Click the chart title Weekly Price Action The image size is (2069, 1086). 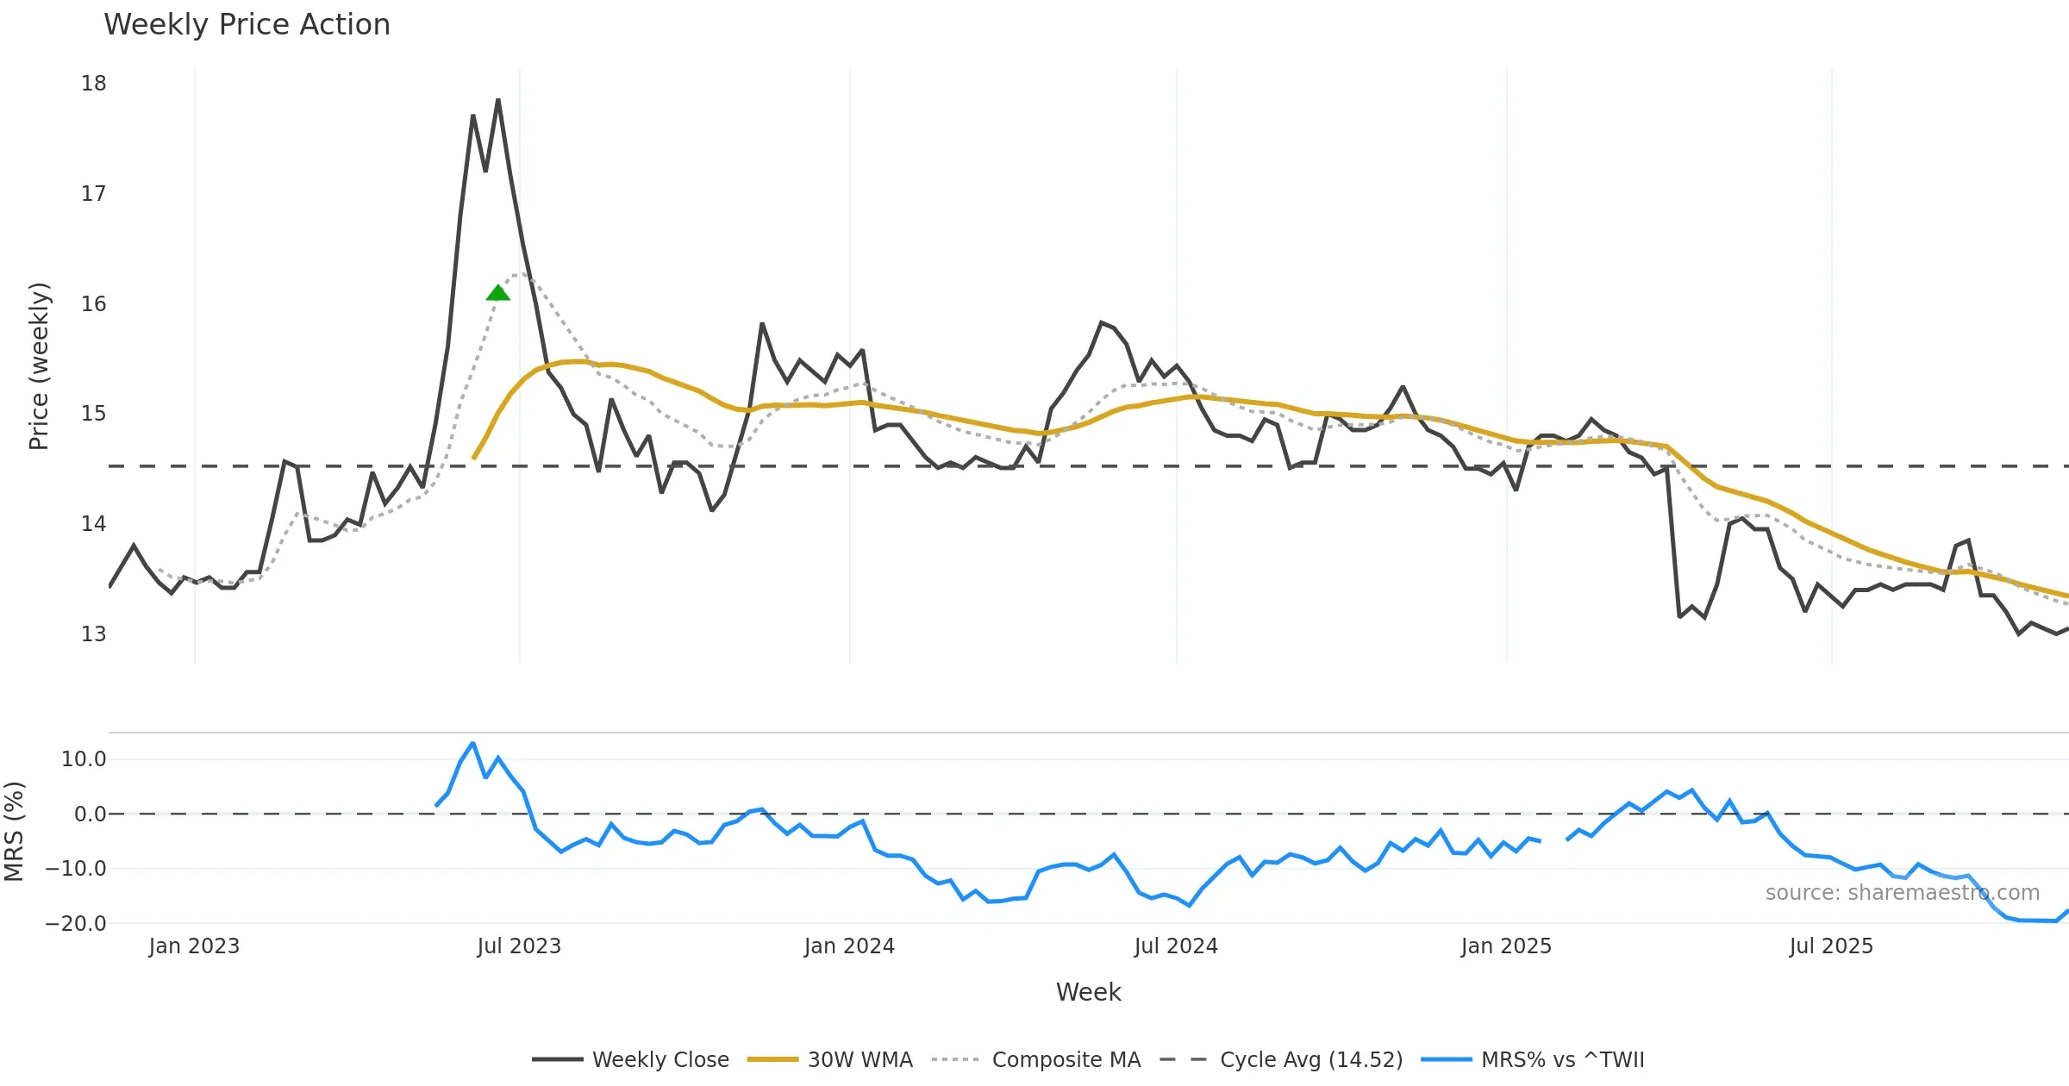point(247,25)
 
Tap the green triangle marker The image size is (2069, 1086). point(497,293)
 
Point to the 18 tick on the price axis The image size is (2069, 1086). point(94,84)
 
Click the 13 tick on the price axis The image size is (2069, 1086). point(94,634)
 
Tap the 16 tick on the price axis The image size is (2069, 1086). point(94,304)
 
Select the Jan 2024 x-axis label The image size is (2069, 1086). point(849,946)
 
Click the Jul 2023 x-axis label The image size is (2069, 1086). point(519,946)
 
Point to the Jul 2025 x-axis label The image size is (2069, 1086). point(1831,946)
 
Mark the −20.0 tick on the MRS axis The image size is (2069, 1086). point(76,924)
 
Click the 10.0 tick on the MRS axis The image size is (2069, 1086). point(84,759)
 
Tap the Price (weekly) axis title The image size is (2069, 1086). point(40,366)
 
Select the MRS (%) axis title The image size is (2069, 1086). point(15,831)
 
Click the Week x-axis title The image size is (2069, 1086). point(1088,993)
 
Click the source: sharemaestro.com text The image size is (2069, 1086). point(1902,893)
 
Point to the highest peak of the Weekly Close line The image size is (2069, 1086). point(498,100)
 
